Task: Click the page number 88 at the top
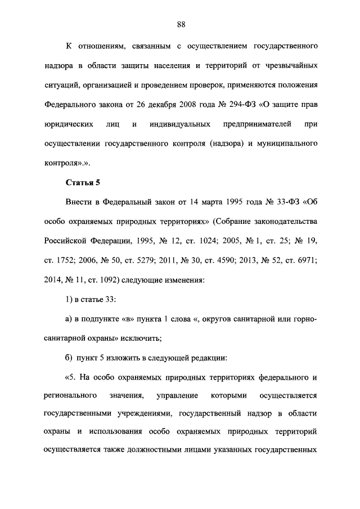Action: point(181,24)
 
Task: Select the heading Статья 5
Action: point(83,182)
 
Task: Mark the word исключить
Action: point(142,339)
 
